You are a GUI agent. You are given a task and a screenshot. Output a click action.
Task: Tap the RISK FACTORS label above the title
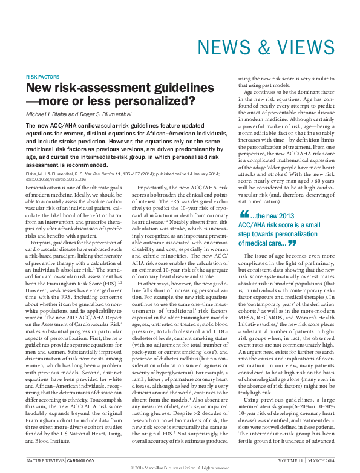pos(42,77)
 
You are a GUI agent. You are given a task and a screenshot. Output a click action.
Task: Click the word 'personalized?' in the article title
pos(160,100)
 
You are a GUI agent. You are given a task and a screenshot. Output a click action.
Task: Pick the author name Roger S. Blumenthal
pos(110,115)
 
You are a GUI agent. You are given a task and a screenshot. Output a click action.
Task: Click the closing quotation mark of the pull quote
pos(292,243)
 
